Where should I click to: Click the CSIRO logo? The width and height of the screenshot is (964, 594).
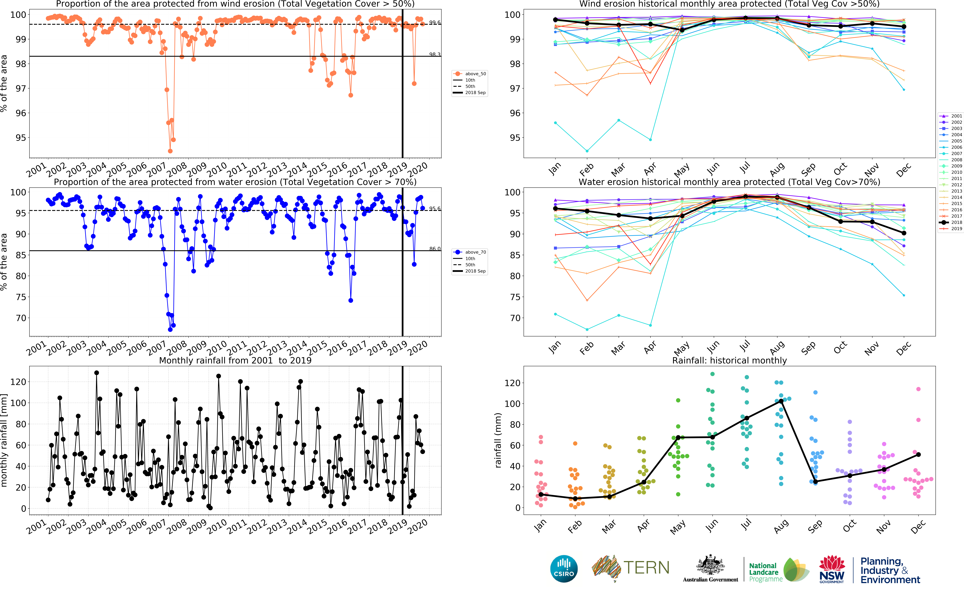(x=564, y=568)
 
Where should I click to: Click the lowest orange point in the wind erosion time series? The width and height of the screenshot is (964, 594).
(x=170, y=151)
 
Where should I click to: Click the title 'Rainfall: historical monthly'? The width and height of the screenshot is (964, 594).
(x=729, y=360)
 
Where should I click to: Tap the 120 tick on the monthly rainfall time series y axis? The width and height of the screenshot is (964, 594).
(x=18, y=381)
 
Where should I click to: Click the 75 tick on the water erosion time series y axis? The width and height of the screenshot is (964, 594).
(x=21, y=297)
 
